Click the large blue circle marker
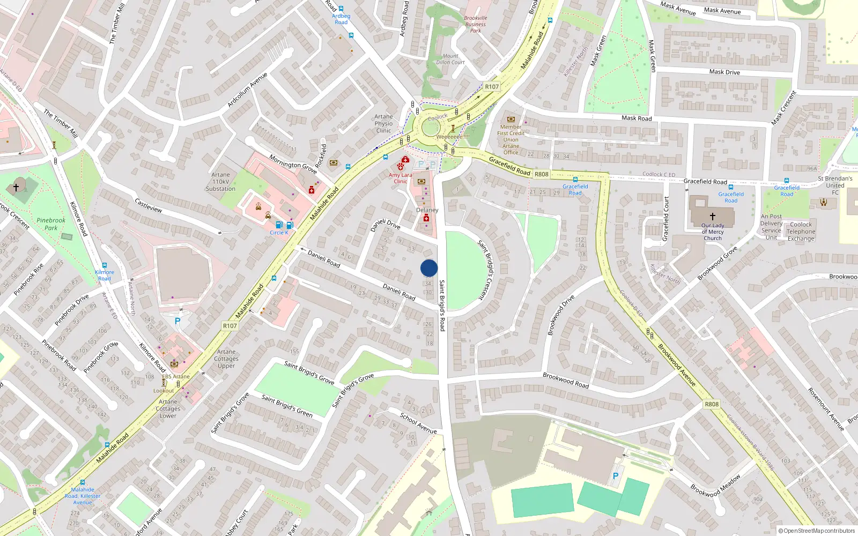pos(429,268)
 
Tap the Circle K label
pos(279,233)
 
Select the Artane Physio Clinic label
pos(383,123)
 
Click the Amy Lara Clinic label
pos(401,178)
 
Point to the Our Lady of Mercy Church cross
pos(713,216)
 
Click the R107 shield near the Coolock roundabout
pos(492,86)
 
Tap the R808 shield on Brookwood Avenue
pos(712,404)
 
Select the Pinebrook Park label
pos(51,224)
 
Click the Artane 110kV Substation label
pos(220,182)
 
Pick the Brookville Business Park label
pos(476,24)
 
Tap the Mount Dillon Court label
pos(450,59)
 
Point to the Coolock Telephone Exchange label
pos(801,232)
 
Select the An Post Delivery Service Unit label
pos(771,227)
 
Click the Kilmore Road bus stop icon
pos(105,265)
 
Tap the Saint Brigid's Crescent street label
pos(484,270)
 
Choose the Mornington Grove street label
pos(293,163)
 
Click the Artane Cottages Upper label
pos(226,359)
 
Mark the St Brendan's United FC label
pos(835,185)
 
